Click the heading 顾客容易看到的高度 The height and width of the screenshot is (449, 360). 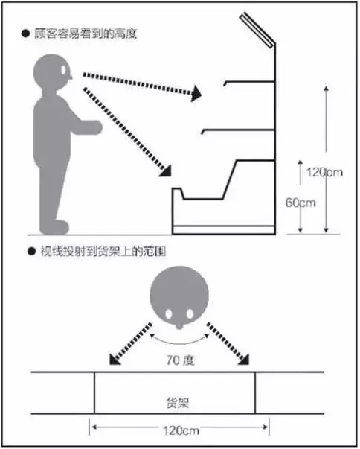[x=86, y=34]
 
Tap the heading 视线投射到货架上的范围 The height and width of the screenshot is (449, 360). [x=103, y=252]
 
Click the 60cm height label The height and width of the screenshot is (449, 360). [x=300, y=203]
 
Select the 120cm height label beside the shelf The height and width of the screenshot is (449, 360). [x=324, y=173]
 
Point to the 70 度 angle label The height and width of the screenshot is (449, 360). [x=180, y=360]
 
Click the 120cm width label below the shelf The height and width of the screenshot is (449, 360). [x=181, y=430]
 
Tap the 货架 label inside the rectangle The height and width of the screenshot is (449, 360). [x=178, y=403]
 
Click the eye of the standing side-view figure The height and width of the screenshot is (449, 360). [x=63, y=69]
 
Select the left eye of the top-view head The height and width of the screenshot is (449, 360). [x=169, y=314]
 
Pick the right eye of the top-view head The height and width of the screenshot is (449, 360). [x=190, y=314]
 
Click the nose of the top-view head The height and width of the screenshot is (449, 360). [x=179, y=326]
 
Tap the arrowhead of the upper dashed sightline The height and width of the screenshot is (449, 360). [x=196, y=93]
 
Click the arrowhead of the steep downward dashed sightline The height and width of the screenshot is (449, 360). [x=165, y=171]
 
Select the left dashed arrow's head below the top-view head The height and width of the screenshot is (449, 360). [x=115, y=360]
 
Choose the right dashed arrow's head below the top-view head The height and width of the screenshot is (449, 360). [x=244, y=360]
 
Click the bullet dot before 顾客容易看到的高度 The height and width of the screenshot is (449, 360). [x=26, y=34]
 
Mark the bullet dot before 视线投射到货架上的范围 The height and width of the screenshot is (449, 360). [x=31, y=252]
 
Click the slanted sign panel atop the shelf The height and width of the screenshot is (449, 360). [x=257, y=30]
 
